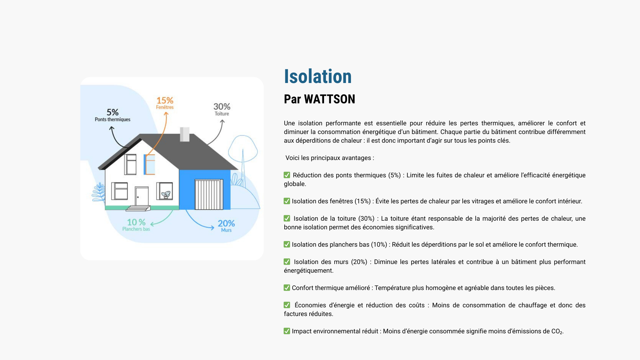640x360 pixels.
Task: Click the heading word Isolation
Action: point(318,76)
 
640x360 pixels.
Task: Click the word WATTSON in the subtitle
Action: point(330,99)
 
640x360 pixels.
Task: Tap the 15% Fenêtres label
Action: point(165,103)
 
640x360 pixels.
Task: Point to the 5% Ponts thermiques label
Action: point(113,115)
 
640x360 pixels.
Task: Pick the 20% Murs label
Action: point(226,226)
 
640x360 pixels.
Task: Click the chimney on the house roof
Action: point(185,134)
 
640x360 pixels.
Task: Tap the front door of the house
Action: point(142,196)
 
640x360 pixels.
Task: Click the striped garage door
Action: point(209,195)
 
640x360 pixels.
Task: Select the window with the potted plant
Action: point(165,191)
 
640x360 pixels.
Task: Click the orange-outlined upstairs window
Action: point(149,164)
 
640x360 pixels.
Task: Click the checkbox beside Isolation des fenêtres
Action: point(287,201)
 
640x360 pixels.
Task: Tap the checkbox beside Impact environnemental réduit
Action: point(287,331)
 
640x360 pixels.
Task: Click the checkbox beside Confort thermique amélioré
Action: point(287,288)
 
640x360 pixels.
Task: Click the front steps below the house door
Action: point(138,208)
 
